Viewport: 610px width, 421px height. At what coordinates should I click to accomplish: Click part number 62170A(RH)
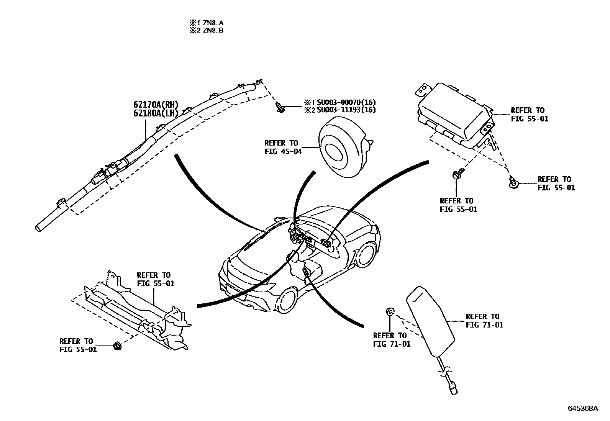point(156,105)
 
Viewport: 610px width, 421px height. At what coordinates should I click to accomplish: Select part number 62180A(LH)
point(156,113)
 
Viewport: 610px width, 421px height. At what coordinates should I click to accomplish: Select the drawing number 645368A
point(582,408)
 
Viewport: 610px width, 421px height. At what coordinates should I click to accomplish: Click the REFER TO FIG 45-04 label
point(283,147)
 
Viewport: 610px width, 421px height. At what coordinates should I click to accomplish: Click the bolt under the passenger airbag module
point(457,174)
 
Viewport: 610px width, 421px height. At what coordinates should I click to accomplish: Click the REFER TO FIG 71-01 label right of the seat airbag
point(484,321)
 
